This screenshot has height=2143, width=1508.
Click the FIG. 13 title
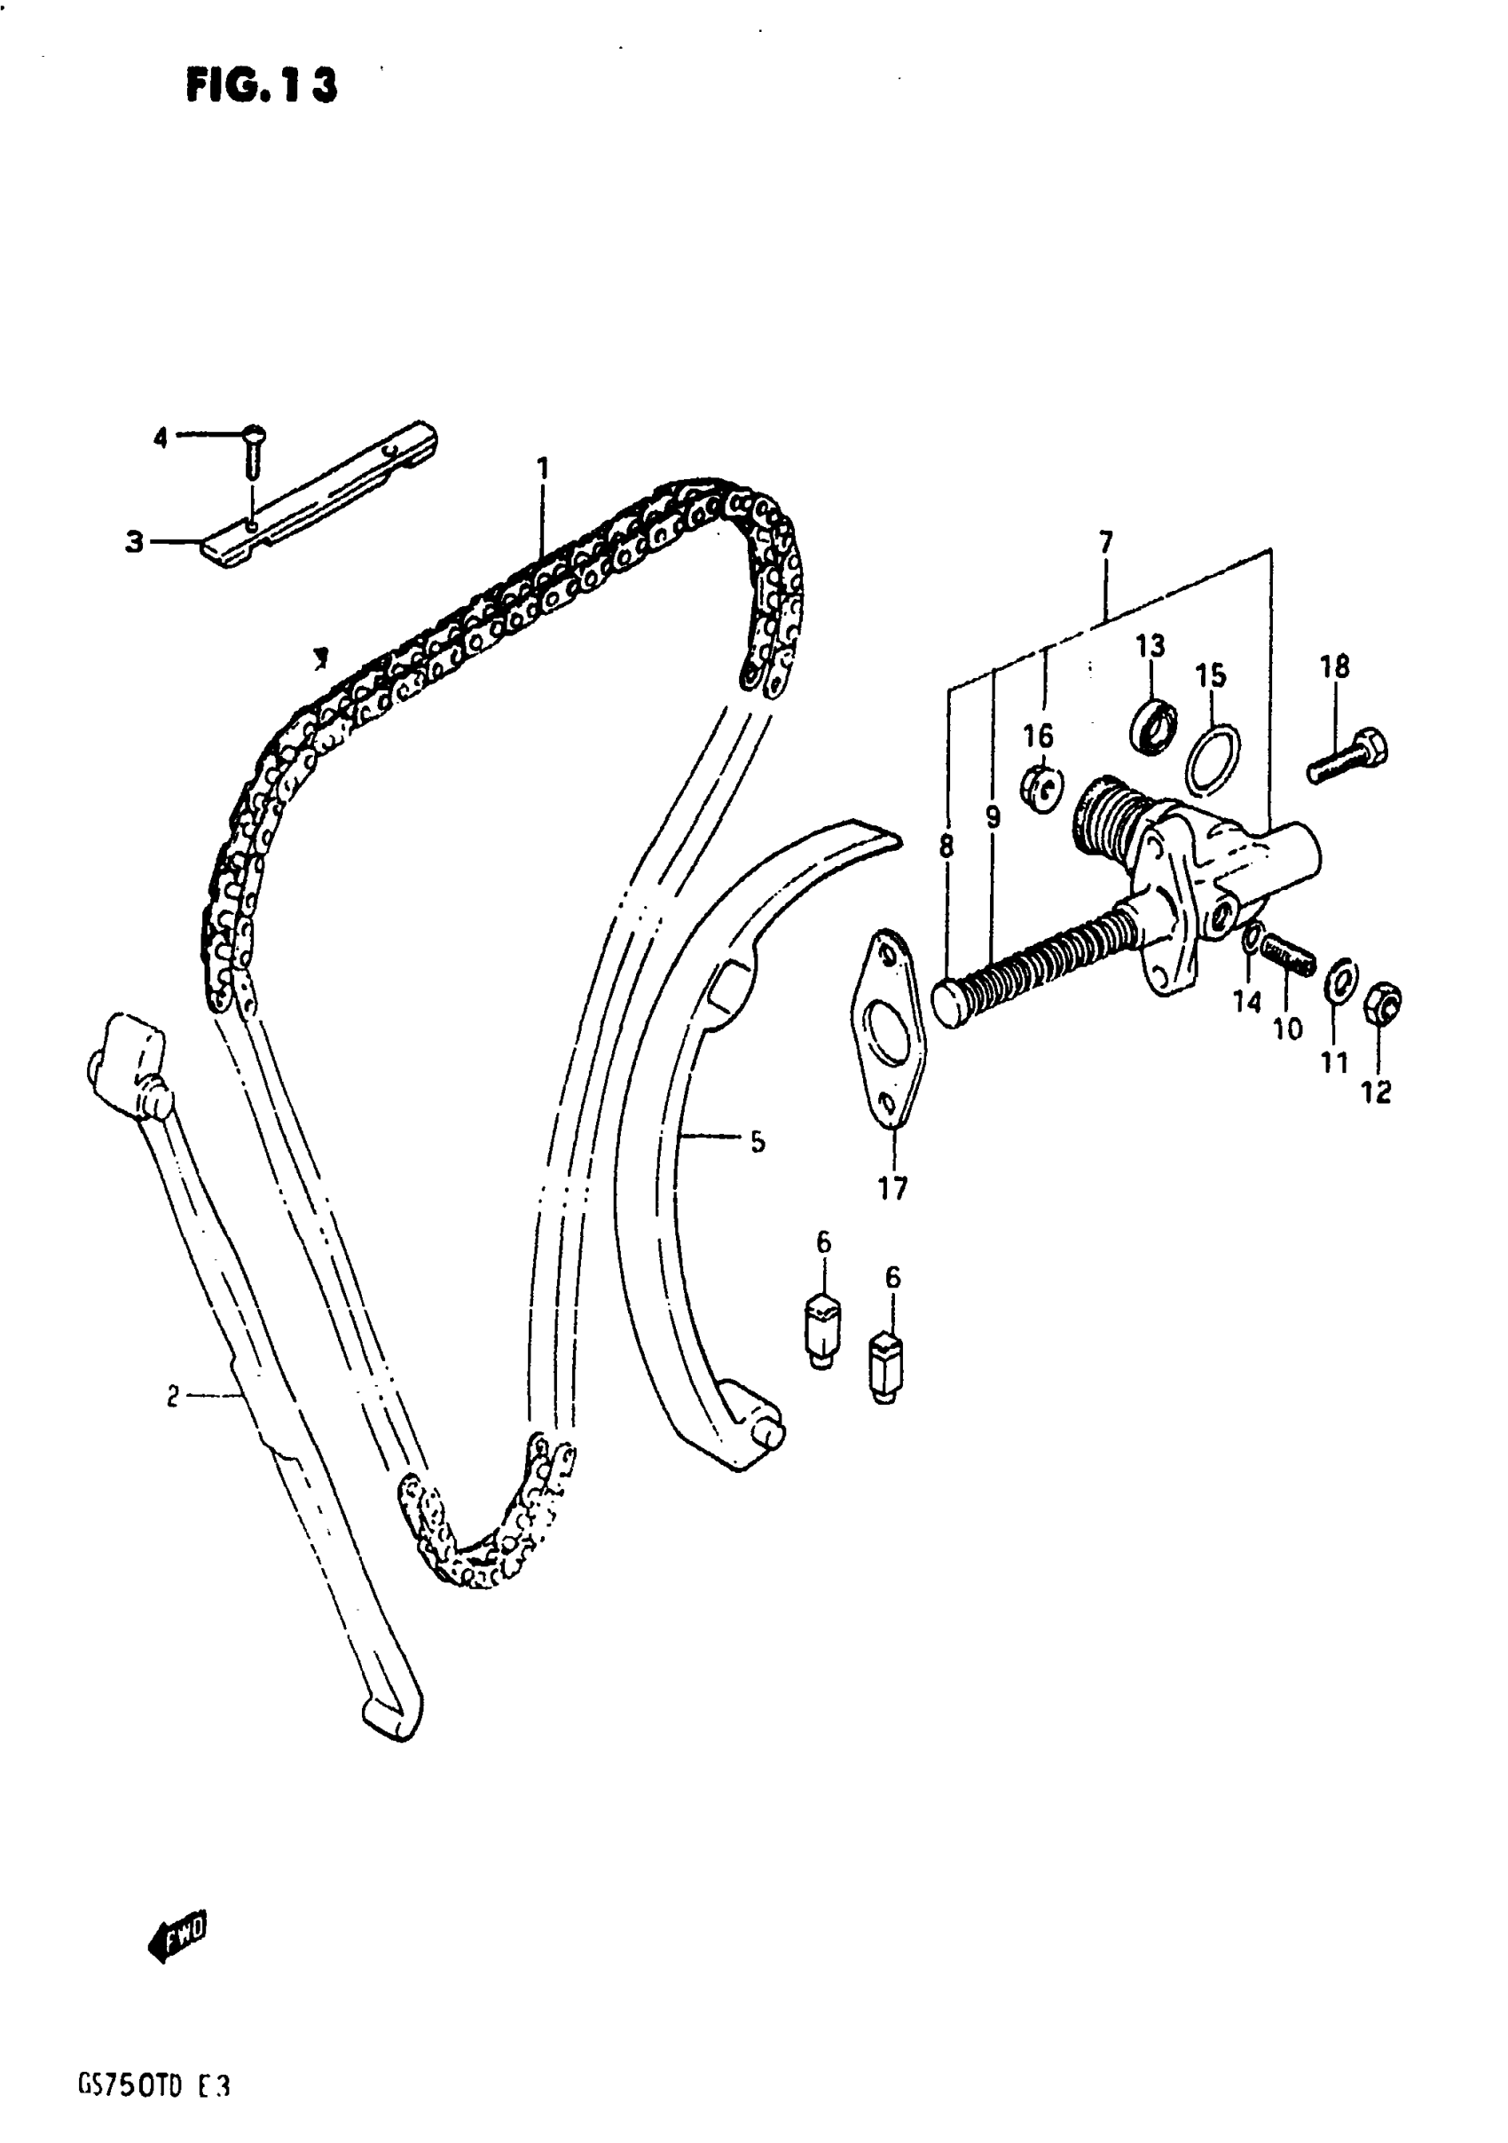coord(262,86)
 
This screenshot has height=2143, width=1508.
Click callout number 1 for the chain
coord(542,468)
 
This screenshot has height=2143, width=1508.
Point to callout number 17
coord(892,1188)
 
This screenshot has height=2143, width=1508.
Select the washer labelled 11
coord(1341,977)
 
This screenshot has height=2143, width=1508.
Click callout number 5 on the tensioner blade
coord(757,1140)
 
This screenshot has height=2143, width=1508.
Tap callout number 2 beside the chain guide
coord(173,1397)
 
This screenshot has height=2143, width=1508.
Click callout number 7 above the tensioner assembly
coord(1106,542)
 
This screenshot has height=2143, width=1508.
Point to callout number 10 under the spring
coord(1287,1028)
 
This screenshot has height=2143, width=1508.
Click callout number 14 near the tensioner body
coord(1246,1003)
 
